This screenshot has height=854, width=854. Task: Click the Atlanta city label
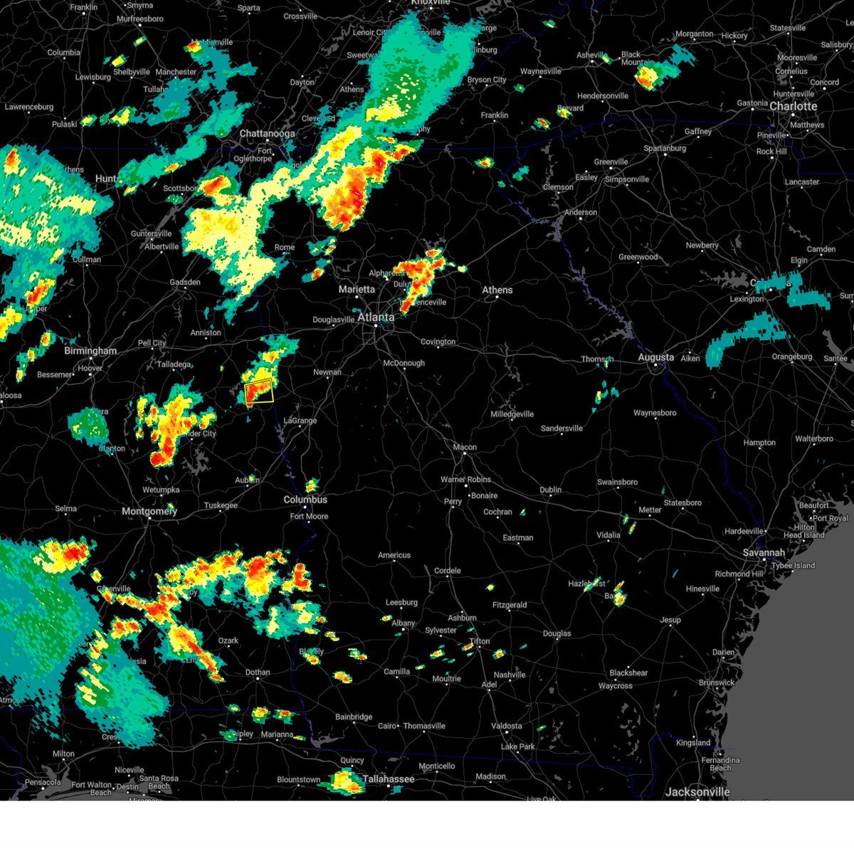pyautogui.click(x=375, y=317)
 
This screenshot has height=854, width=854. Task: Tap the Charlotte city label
pyautogui.click(x=793, y=106)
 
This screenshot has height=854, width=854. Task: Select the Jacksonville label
pyautogui.click(x=697, y=791)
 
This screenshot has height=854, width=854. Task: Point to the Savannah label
pyautogui.click(x=764, y=552)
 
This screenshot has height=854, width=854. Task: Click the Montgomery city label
pyautogui.click(x=149, y=511)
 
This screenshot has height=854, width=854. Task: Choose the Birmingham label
pyautogui.click(x=90, y=350)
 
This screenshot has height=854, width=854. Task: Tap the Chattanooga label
pyautogui.click(x=267, y=134)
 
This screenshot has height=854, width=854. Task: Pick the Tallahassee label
pyautogui.click(x=388, y=779)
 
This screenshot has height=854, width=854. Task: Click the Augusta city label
pyautogui.click(x=655, y=357)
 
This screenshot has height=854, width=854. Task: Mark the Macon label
pyautogui.click(x=465, y=447)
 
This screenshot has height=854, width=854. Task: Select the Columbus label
pyautogui.click(x=305, y=500)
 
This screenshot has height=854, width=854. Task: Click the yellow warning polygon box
pyautogui.click(x=259, y=391)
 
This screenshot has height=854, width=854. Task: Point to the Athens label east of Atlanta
pyautogui.click(x=497, y=290)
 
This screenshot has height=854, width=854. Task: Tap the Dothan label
pyautogui.click(x=258, y=672)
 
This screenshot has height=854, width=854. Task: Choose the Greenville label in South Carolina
pyautogui.click(x=611, y=162)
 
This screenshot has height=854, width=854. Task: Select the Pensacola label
pyautogui.click(x=43, y=782)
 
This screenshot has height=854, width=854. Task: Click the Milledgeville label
pyautogui.click(x=512, y=414)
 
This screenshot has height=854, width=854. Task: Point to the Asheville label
pyautogui.click(x=592, y=55)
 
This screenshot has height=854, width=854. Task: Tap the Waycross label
pyautogui.click(x=615, y=686)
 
